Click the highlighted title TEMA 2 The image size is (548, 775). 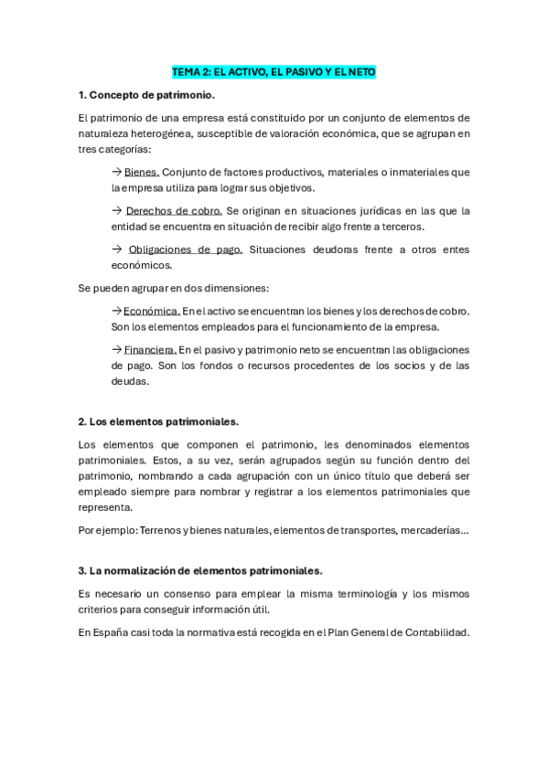274,71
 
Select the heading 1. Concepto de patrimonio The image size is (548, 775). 146,95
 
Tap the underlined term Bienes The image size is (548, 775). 142,172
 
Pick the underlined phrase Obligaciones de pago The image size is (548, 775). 185,249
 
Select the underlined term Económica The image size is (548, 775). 152,311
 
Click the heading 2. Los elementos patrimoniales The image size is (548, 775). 158,421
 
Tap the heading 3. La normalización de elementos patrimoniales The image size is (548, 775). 200,570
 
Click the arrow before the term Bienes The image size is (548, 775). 116,172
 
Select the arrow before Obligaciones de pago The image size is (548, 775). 116,249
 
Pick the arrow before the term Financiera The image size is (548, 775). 116,349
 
